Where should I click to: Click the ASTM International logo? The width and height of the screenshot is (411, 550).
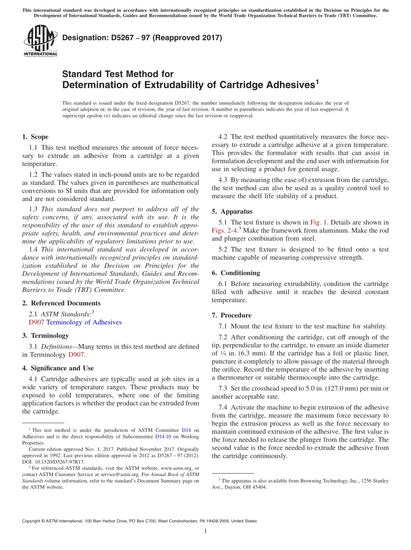click(x=40, y=41)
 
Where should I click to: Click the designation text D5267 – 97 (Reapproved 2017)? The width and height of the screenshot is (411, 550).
click(x=142, y=38)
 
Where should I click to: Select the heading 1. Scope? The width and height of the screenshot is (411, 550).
click(x=35, y=137)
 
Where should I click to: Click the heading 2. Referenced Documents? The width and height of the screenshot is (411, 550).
click(x=61, y=304)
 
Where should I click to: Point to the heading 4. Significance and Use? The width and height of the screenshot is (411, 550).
click(x=58, y=368)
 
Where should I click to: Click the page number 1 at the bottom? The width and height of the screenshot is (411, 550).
click(x=205, y=531)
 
